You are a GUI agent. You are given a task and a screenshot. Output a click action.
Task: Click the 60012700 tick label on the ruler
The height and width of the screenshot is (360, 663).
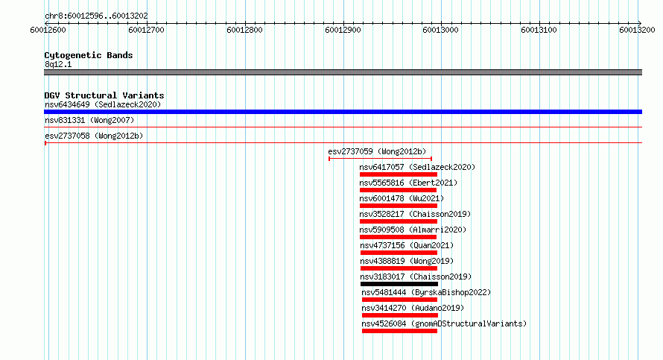click(146, 30)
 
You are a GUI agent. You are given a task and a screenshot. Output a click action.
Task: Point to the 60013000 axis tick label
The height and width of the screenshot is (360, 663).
click(440, 30)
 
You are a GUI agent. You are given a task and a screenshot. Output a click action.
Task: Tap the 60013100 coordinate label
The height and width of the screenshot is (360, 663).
click(539, 30)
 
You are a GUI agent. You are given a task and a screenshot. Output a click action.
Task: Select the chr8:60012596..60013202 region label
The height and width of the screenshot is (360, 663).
click(96, 16)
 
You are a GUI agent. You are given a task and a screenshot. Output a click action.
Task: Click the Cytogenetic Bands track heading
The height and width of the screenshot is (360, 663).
click(89, 55)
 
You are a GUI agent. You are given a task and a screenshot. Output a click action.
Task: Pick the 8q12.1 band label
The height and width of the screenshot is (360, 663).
click(58, 64)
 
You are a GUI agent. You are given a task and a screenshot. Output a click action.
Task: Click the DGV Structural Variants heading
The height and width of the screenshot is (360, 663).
click(104, 95)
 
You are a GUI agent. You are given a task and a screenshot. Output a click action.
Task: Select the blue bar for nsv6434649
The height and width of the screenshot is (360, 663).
click(343, 112)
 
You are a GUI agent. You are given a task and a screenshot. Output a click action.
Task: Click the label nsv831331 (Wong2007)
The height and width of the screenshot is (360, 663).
click(89, 120)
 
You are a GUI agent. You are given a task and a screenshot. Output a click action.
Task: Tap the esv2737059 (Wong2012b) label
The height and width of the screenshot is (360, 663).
click(377, 151)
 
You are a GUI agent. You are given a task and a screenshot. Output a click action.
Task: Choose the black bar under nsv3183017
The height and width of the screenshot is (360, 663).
click(399, 284)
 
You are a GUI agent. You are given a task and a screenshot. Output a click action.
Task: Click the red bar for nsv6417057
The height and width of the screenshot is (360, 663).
click(399, 174)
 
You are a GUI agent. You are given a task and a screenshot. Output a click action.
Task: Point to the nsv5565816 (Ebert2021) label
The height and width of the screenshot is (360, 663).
click(408, 183)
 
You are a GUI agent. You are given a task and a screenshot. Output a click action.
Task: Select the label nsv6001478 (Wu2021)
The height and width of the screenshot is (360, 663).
click(402, 198)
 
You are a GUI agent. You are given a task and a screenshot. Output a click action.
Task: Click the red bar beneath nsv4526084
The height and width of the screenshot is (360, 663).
click(399, 331)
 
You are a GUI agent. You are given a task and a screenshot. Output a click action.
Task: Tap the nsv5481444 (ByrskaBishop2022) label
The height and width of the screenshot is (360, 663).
click(426, 292)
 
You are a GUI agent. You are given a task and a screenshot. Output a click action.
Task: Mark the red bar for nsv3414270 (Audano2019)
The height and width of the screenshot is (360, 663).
click(399, 315)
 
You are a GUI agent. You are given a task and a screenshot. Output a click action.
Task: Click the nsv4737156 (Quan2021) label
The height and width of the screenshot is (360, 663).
click(407, 245)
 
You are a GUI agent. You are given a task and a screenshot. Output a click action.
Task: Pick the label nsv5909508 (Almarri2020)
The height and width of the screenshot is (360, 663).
click(413, 230)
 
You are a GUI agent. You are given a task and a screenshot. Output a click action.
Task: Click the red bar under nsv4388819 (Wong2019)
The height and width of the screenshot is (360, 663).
click(399, 268)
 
